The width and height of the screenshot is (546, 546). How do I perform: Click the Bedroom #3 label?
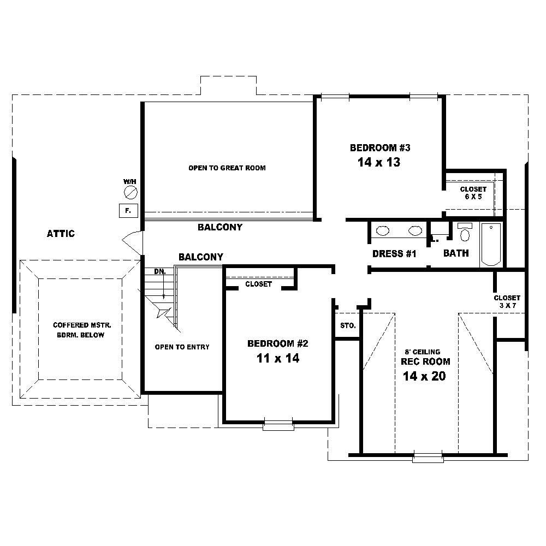pyautogui.click(x=380, y=147)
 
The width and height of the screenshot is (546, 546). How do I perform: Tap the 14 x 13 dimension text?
pyautogui.click(x=379, y=162)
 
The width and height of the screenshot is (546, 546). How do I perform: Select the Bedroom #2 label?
pyautogui.click(x=278, y=343)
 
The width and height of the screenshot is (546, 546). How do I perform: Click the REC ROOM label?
pyautogui.click(x=425, y=361)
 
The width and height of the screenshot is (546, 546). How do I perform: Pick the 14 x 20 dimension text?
pyautogui.click(x=424, y=376)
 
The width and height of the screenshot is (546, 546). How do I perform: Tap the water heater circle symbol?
pyautogui.click(x=130, y=192)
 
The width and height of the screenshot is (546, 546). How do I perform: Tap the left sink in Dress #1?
pyautogui.click(x=383, y=231)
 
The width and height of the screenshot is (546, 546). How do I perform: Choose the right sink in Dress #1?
pyautogui.click(x=416, y=231)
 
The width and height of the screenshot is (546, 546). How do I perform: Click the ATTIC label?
pyautogui.click(x=61, y=234)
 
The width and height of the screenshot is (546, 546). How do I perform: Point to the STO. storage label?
pyautogui.click(x=348, y=326)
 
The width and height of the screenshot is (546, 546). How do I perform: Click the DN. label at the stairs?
pyautogui.click(x=159, y=271)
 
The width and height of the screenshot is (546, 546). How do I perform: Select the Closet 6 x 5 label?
pyautogui.click(x=473, y=193)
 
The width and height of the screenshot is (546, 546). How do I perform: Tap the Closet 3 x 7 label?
pyautogui.click(x=507, y=302)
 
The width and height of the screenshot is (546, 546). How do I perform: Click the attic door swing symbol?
pyautogui.click(x=132, y=241)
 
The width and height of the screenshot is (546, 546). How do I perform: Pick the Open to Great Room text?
pyautogui.click(x=227, y=168)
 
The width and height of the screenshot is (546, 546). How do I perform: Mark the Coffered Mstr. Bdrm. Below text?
pyautogui.click(x=82, y=330)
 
